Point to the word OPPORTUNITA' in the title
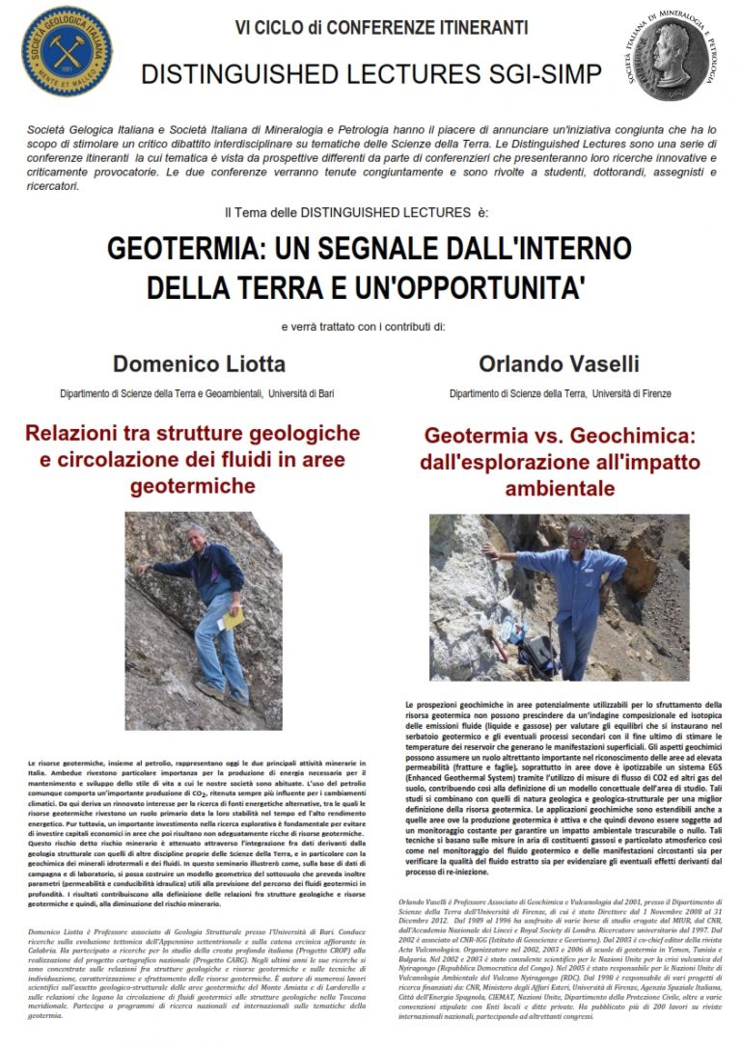coord(518,286)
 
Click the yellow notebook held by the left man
coord(233,616)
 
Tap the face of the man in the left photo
coord(198,538)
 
